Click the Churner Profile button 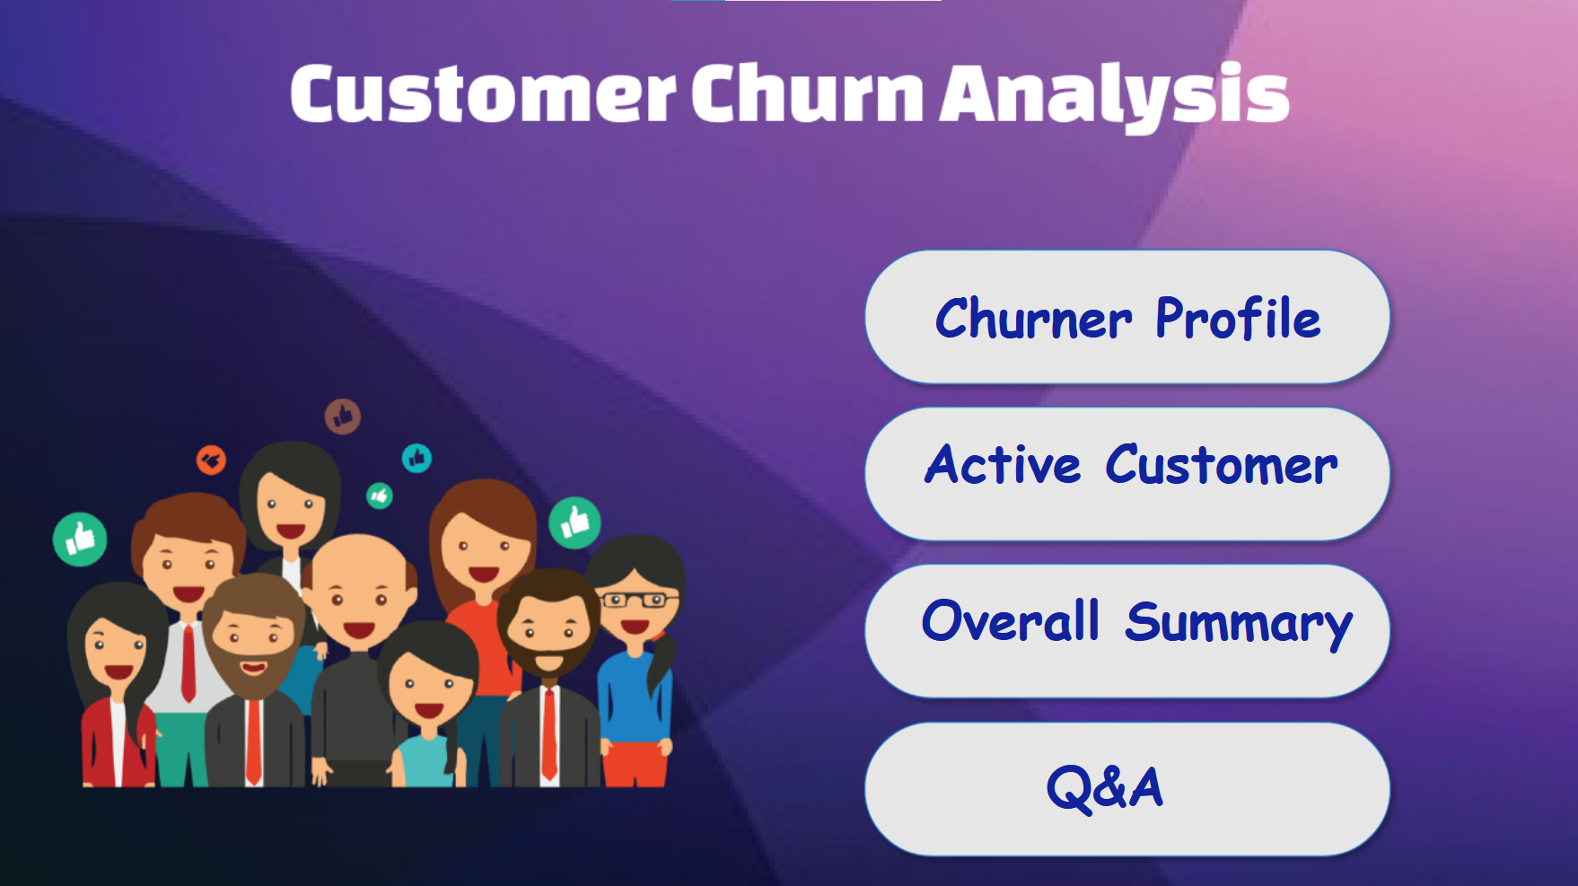coord(1127,317)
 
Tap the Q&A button coord(1127,789)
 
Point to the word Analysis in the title coord(1113,94)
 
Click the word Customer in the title coord(482,94)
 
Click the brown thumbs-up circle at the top coord(342,417)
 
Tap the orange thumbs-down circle coord(211,461)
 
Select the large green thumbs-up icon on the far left coord(80,539)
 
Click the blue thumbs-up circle coord(416,459)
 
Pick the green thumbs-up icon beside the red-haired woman coord(574,522)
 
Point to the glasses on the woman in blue coord(639,600)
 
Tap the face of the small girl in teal coord(428,687)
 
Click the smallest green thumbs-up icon coord(380,496)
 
